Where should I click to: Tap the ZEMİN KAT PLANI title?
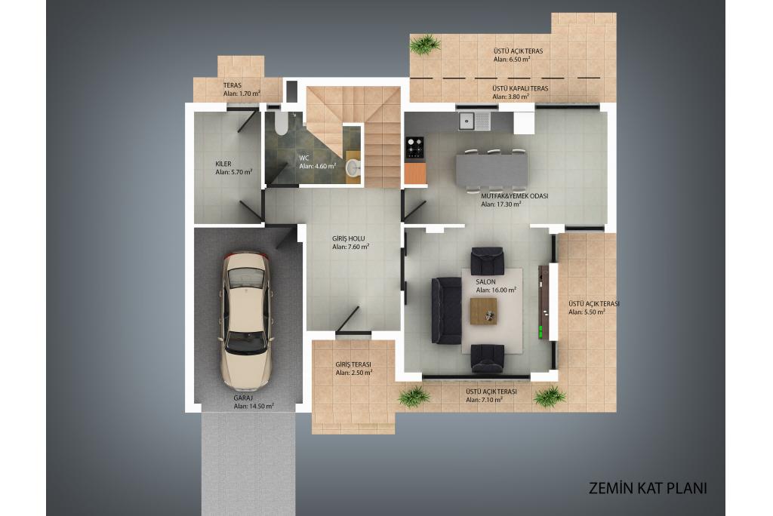click(x=648, y=488)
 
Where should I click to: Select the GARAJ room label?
click(x=243, y=398)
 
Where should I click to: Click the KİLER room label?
click(x=223, y=164)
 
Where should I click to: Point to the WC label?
click(x=304, y=158)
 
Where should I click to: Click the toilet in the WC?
click(x=281, y=124)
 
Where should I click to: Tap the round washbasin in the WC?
click(x=353, y=168)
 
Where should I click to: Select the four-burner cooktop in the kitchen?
click(x=414, y=147)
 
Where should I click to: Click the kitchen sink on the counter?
click(x=474, y=121)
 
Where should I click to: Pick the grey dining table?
click(x=491, y=170)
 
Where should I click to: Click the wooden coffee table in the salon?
click(x=484, y=311)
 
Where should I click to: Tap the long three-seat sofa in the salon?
click(x=446, y=310)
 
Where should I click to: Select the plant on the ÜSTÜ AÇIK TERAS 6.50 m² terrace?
click(x=424, y=45)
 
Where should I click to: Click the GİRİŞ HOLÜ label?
click(x=349, y=238)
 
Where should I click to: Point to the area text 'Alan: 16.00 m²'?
click(x=496, y=290)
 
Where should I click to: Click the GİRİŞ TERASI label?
click(x=353, y=364)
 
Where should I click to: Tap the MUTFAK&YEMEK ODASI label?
click(x=515, y=195)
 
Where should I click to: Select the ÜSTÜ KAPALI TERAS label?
click(x=520, y=89)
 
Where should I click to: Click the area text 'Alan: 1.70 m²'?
click(x=242, y=93)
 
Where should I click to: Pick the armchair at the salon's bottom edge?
click(x=487, y=358)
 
